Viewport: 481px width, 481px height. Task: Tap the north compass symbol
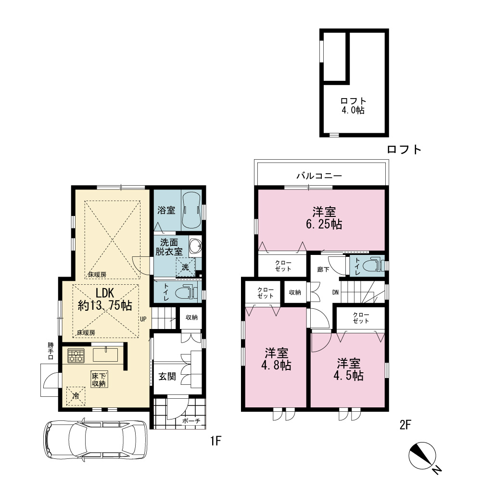pyautogui.click(x=422, y=456)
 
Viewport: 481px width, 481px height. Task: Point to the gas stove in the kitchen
pyautogui.click(x=76, y=356)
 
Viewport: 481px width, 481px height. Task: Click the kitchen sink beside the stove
pyautogui.click(x=105, y=354)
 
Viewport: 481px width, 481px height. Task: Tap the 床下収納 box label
pyautogui.click(x=99, y=379)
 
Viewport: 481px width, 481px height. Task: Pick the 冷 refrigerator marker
pyautogui.click(x=76, y=396)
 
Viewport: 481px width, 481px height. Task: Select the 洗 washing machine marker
pyautogui.click(x=185, y=267)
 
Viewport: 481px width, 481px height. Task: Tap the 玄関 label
pyautogui.click(x=167, y=377)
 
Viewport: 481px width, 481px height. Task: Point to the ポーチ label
pyautogui.click(x=191, y=421)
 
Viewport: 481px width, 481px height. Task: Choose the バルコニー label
pyautogui.click(x=319, y=176)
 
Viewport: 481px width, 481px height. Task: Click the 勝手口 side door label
pyautogui.click(x=51, y=351)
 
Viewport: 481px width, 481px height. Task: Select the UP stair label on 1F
pyautogui.click(x=143, y=319)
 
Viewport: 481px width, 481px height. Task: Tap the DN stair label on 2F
pyautogui.click(x=336, y=292)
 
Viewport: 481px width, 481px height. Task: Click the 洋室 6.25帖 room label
pyautogui.click(x=324, y=218)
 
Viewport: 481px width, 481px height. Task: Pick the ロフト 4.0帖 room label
pyautogui.click(x=353, y=105)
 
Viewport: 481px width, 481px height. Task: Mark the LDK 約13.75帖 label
pyautogui.click(x=105, y=299)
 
